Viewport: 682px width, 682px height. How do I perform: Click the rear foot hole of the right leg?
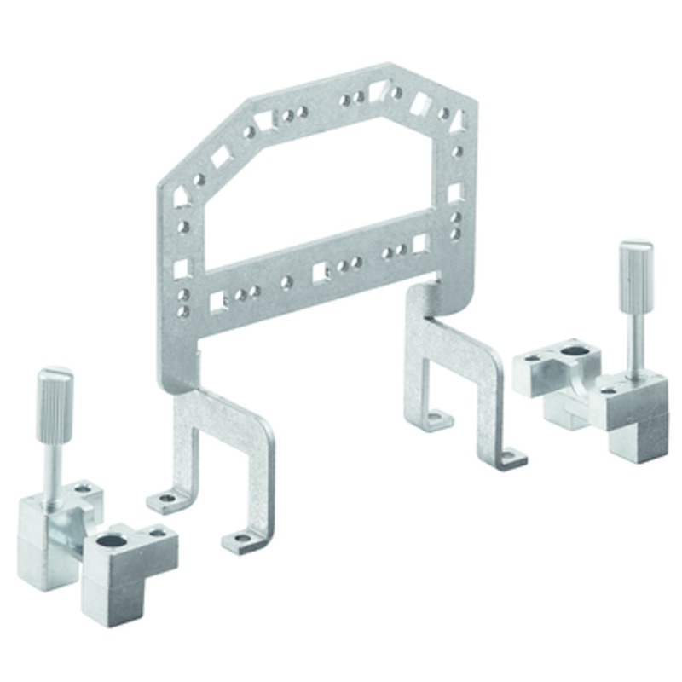[436, 418]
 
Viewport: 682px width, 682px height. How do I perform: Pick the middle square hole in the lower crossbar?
[320, 272]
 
